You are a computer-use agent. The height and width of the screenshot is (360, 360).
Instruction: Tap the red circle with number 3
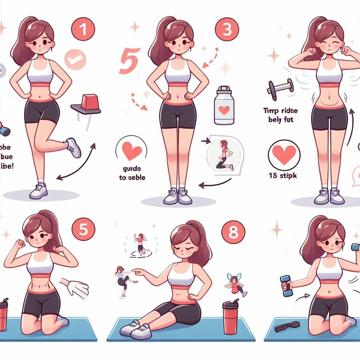click(227, 30)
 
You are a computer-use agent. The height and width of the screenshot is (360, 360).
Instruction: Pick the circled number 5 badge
click(83, 231)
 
